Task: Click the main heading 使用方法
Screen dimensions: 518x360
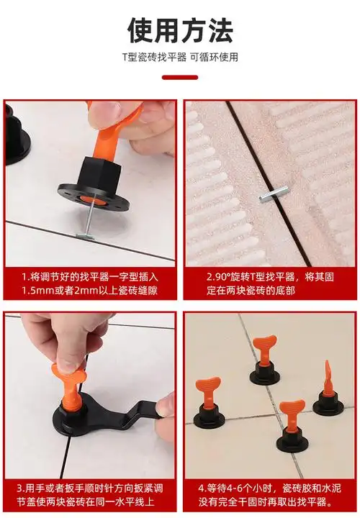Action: point(180,30)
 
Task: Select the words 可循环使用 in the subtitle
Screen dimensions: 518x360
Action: point(214,57)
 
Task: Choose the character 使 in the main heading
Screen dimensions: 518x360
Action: point(140,30)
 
